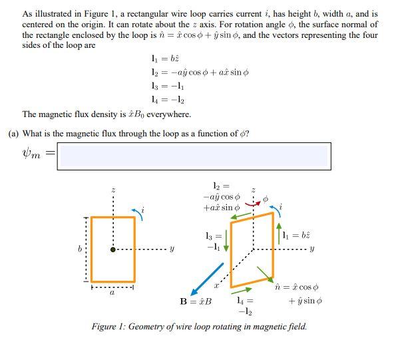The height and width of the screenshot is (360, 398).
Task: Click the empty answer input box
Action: [x=193, y=156]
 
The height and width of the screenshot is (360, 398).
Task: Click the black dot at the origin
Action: [x=112, y=250]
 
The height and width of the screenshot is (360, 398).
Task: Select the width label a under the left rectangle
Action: [x=112, y=291]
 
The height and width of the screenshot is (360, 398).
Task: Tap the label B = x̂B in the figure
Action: [x=196, y=301]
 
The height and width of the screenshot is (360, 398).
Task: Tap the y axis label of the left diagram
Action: [x=172, y=250]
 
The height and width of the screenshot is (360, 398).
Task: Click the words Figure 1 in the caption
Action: [x=108, y=327]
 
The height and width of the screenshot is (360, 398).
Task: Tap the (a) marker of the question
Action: [x=13, y=133]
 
